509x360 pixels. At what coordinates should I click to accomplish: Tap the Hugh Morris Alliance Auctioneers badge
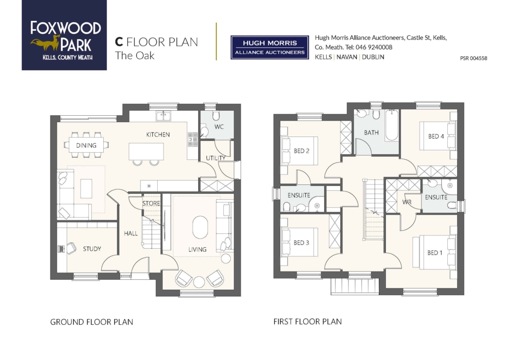click(269, 47)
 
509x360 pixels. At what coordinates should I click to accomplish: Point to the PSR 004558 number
click(473, 58)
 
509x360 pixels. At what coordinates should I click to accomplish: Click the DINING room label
click(86, 145)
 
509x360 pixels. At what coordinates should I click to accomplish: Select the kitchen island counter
click(146, 151)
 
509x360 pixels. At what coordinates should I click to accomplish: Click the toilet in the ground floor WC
click(216, 116)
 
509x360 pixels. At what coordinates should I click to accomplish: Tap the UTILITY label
click(215, 158)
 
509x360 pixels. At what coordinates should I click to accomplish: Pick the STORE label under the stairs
click(151, 203)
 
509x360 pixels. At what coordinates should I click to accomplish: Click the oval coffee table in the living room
click(200, 227)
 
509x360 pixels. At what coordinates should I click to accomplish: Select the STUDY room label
click(92, 249)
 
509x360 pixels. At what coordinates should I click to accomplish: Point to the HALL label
click(131, 233)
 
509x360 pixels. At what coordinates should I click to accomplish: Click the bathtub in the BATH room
click(392, 125)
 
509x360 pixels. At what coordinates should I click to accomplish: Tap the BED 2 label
click(301, 151)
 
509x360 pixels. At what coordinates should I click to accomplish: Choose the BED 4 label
click(436, 136)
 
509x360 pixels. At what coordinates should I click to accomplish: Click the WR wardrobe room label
click(407, 202)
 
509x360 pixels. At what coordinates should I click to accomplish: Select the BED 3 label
click(301, 243)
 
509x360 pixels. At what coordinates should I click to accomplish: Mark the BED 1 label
click(435, 253)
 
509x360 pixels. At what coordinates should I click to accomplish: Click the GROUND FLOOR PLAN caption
click(91, 322)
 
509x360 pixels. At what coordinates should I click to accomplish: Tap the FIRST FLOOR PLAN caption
click(307, 321)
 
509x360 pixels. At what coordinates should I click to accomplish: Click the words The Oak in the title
click(135, 55)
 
